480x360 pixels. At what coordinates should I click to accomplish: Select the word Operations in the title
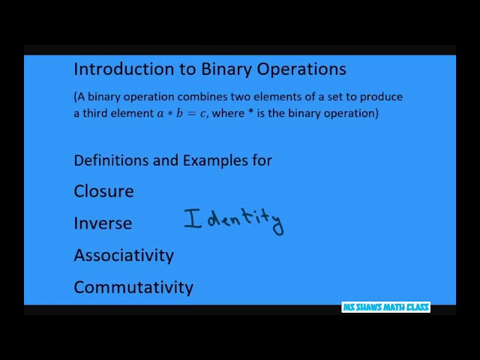(x=301, y=69)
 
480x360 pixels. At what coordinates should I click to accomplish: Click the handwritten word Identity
(x=233, y=220)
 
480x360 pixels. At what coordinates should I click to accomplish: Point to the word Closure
(x=103, y=191)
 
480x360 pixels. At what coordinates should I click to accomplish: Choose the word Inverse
(x=103, y=223)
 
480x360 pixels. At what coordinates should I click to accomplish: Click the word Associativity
(x=124, y=256)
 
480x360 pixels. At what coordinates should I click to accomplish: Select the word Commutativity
(x=133, y=287)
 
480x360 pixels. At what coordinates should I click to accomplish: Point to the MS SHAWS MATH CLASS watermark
(x=385, y=307)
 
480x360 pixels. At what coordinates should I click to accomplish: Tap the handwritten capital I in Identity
(x=193, y=219)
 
